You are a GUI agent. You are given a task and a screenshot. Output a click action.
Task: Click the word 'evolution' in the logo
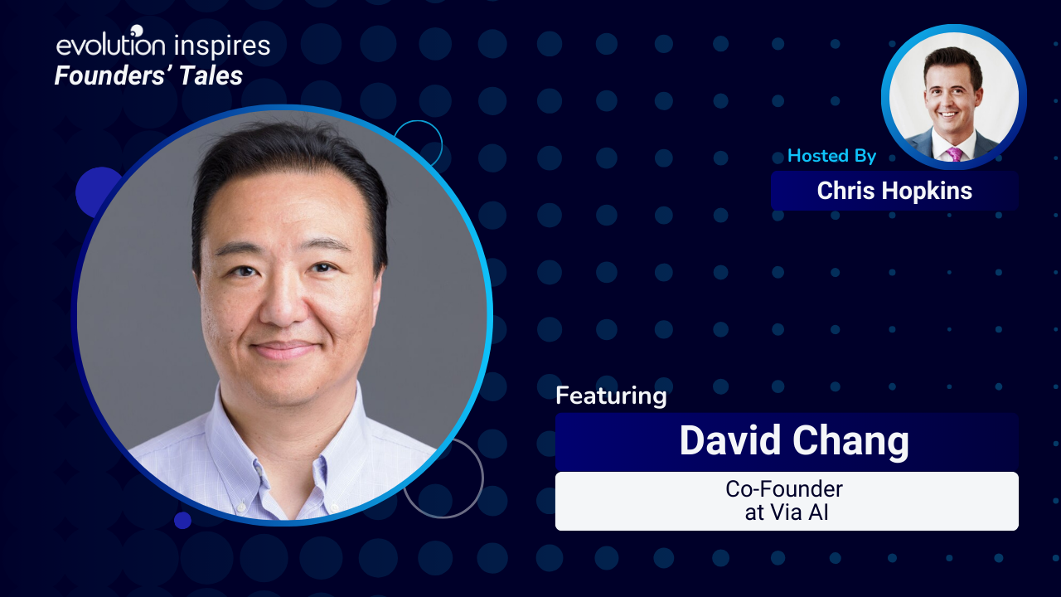pos(111,44)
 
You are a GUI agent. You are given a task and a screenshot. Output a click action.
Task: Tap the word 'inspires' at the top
pos(221,46)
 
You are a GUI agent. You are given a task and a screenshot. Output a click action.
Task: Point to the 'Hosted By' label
pos(831,156)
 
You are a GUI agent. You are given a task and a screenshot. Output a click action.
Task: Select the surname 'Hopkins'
pos(927,192)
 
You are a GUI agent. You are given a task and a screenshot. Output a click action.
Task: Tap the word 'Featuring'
pos(611,396)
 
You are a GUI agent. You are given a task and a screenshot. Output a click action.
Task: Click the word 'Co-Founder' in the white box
pos(784,489)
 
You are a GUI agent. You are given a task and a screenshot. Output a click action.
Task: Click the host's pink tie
pos(954,154)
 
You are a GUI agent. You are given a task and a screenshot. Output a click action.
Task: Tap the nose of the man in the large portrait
pos(283,303)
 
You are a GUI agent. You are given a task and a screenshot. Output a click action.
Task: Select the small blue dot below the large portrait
pos(182,520)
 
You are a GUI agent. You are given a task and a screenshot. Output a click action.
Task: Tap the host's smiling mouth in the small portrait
pos(948,114)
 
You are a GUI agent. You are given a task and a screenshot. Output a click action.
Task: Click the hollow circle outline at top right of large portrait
pos(419,121)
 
